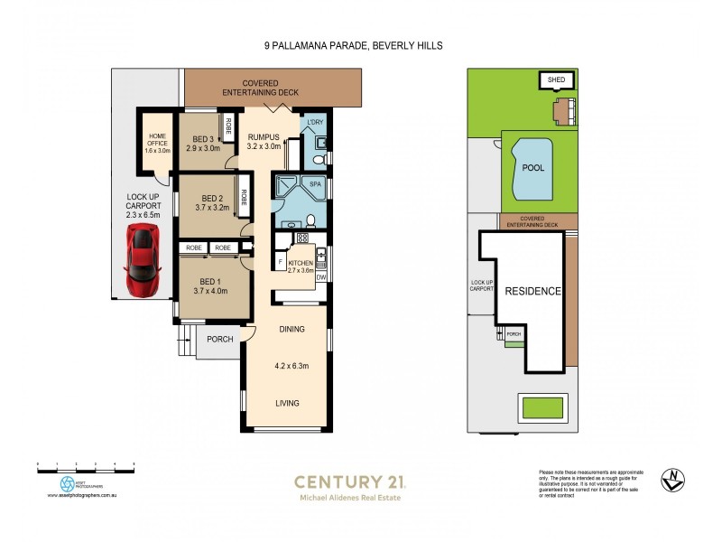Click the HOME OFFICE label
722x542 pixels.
coord(157,141)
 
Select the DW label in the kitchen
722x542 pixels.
coord(320,277)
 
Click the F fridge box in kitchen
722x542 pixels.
coord(279,263)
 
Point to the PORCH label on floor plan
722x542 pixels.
coord(220,340)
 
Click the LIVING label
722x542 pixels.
coord(288,403)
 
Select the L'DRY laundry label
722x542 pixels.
coord(315,123)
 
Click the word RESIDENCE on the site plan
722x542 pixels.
coord(532,291)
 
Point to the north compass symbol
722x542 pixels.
coord(671,481)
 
